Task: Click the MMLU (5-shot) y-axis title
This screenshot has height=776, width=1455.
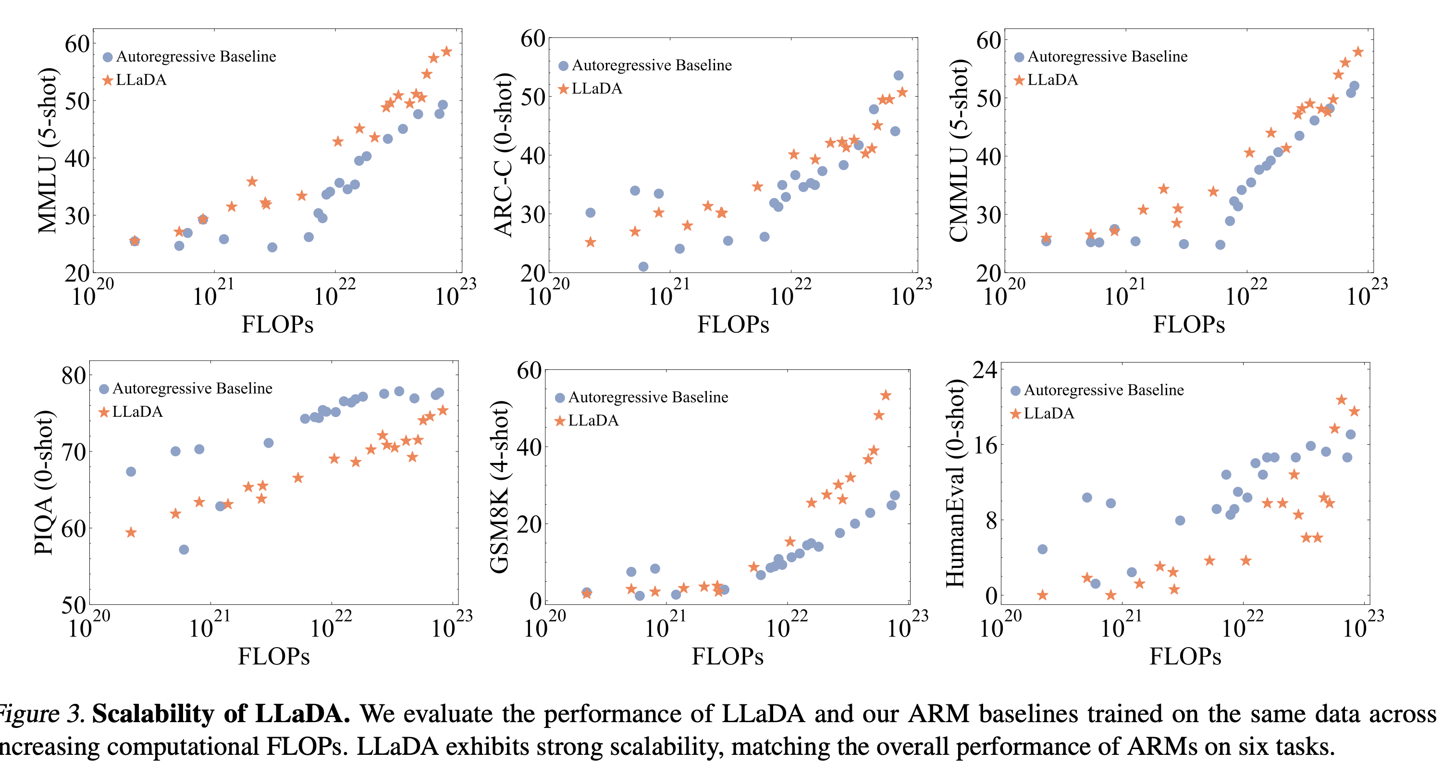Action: (x=48, y=150)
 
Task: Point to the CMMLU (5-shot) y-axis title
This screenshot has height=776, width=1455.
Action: (x=959, y=150)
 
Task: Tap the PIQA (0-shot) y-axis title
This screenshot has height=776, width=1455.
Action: (x=44, y=483)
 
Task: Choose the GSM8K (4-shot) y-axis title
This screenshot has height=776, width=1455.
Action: (x=500, y=487)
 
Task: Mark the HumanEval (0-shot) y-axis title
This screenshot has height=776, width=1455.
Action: (x=955, y=483)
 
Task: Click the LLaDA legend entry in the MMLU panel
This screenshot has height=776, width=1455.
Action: (x=141, y=80)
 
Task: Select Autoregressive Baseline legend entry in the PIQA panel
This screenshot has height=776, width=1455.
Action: (x=192, y=388)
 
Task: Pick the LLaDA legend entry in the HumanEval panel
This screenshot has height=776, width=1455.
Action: (x=1048, y=413)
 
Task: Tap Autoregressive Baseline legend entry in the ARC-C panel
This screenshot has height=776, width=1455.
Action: (x=651, y=65)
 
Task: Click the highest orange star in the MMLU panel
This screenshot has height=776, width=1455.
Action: (x=446, y=51)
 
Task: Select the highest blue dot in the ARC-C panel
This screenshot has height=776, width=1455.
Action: (x=899, y=75)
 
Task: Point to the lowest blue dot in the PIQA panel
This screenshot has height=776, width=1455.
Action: (x=184, y=550)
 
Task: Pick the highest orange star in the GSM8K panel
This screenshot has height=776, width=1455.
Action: (x=886, y=395)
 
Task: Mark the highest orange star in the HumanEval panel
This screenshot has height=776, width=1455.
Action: (x=1342, y=400)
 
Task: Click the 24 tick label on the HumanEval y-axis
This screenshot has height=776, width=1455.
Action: (x=985, y=370)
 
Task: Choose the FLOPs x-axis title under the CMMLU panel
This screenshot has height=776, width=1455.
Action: (x=1188, y=325)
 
